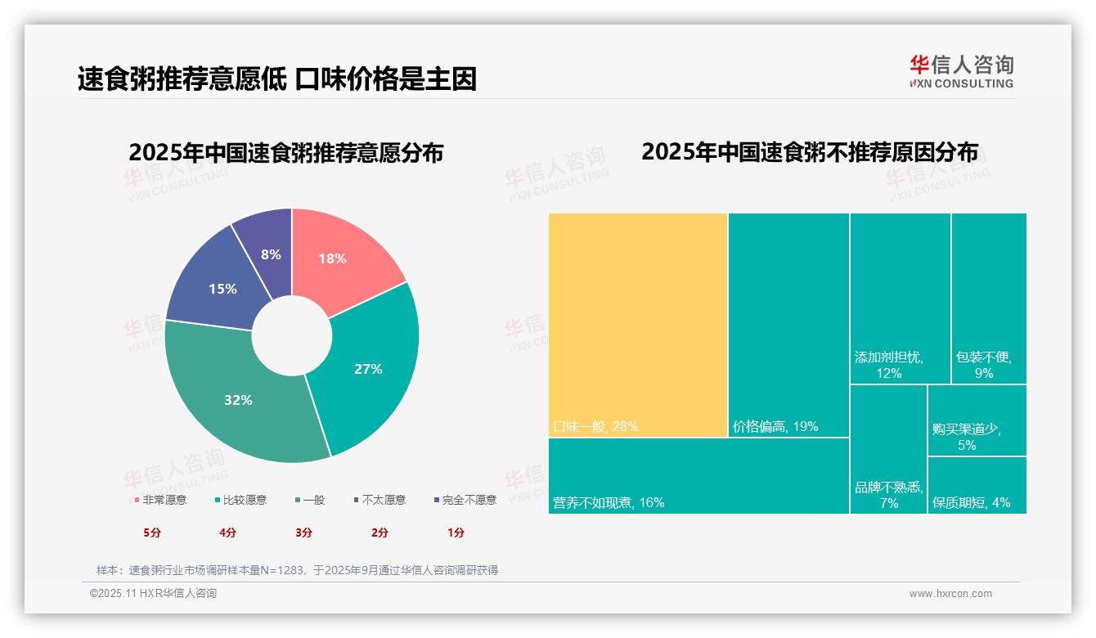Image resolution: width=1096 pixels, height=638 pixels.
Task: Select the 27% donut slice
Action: pyautogui.click(x=372, y=368)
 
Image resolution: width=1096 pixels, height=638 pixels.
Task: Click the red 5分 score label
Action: pyautogui.click(x=152, y=532)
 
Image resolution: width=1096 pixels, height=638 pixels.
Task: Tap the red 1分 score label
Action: pyautogui.click(x=456, y=532)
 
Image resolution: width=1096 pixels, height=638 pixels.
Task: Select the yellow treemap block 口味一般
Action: pyautogui.click(x=638, y=325)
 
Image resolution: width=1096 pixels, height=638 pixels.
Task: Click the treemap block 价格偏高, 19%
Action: pyautogui.click(x=788, y=325)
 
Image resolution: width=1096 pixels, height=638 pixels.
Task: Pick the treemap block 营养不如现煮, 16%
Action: pyautogui.click(x=698, y=476)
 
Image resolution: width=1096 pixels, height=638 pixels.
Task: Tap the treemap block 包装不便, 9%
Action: pyautogui.click(x=988, y=299)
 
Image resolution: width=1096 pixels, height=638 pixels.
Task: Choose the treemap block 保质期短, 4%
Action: pyautogui.click(x=977, y=485)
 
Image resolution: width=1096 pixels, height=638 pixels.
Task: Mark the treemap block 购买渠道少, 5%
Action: pyautogui.click(x=977, y=420)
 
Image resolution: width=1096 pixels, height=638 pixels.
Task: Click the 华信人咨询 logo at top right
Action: pyautogui.click(x=961, y=70)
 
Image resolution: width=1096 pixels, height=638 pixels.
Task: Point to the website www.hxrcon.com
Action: pyautogui.click(x=950, y=594)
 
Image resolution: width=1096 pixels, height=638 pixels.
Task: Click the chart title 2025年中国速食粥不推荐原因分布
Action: pyautogui.click(x=809, y=152)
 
